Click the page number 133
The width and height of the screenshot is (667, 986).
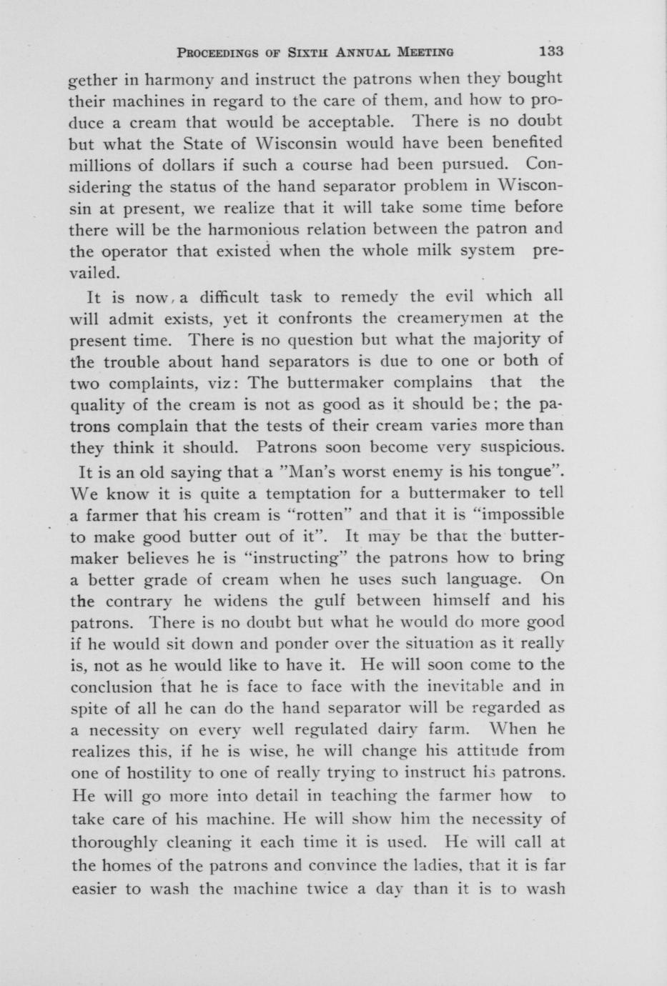551,51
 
